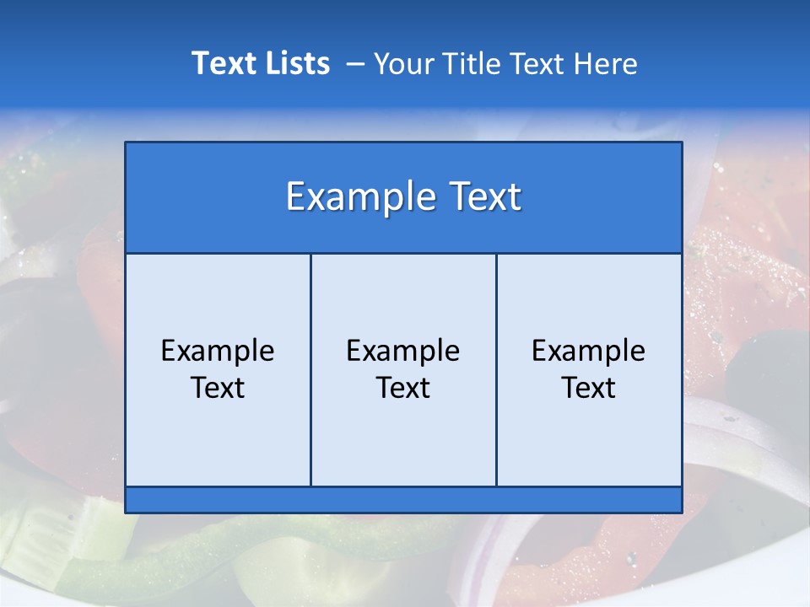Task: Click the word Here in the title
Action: pos(606,64)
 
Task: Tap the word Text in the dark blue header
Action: pos(483,197)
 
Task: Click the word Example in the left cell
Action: pos(218,351)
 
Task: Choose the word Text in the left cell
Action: pos(218,388)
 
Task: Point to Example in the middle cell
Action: pos(403,351)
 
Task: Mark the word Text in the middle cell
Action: pos(403,388)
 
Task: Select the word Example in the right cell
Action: pos(589,351)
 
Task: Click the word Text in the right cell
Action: pos(589,388)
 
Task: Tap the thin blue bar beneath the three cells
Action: pos(403,500)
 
